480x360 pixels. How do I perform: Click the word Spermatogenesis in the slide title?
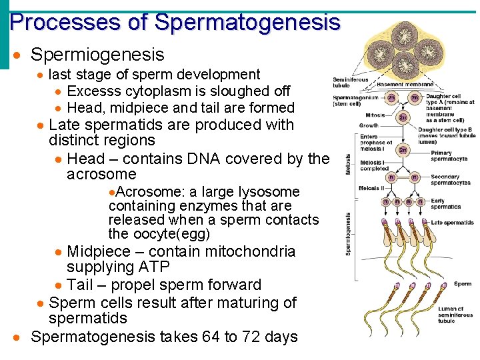tap(247, 22)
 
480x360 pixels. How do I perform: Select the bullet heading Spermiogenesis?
tap(97, 54)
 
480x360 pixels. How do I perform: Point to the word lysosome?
tap(271, 191)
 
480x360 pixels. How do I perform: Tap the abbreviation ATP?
tap(155, 267)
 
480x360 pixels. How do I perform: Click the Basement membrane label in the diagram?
tap(405, 85)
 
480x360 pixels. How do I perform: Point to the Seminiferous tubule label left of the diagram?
tap(351, 83)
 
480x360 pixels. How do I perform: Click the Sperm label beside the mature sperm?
tap(463, 284)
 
